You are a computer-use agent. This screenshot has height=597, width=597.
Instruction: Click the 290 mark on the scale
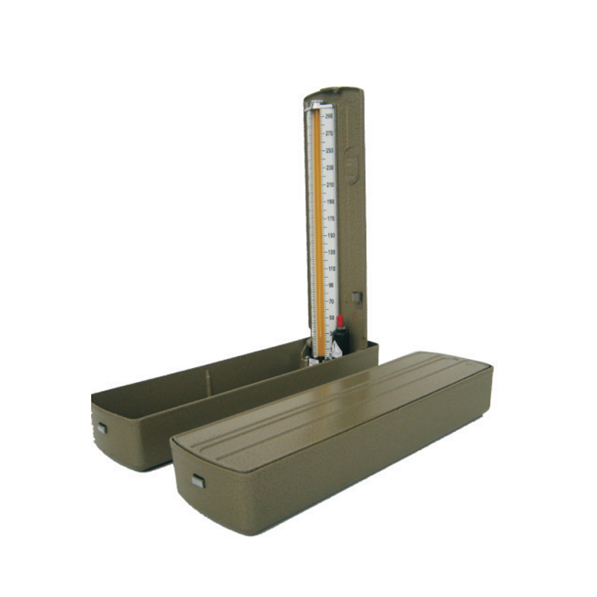pyautogui.click(x=329, y=116)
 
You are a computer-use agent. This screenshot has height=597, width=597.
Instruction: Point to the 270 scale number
pyautogui.click(x=329, y=134)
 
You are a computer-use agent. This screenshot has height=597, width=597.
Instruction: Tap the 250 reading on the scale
pyautogui.click(x=329, y=151)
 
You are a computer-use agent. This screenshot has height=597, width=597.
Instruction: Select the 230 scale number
pyautogui.click(x=329, y=168)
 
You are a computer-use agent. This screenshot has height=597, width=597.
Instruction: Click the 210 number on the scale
pyautogui.click(x=330, y=184)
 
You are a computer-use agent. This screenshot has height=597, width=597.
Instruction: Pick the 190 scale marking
pyautogui.click(x=330, y=201)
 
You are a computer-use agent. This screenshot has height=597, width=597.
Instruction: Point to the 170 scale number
pyautogui.click(x=330, y=219)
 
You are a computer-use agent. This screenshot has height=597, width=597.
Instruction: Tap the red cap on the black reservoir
pyautogui.click(x=340, y=322)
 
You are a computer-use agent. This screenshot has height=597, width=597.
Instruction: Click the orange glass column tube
pyautogui.click(x=318, y=224)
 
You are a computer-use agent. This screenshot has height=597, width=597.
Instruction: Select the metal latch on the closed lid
pyautogui.click(x=198, y=481)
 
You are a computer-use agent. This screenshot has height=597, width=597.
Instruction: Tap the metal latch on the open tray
pyautogui.click(x=102, y=428)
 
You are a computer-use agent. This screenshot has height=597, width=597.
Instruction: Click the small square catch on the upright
pyautogui.click(x=357, y=297)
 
